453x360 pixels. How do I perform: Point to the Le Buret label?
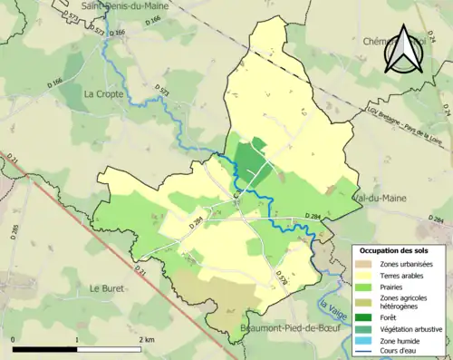tap(108, 287)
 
